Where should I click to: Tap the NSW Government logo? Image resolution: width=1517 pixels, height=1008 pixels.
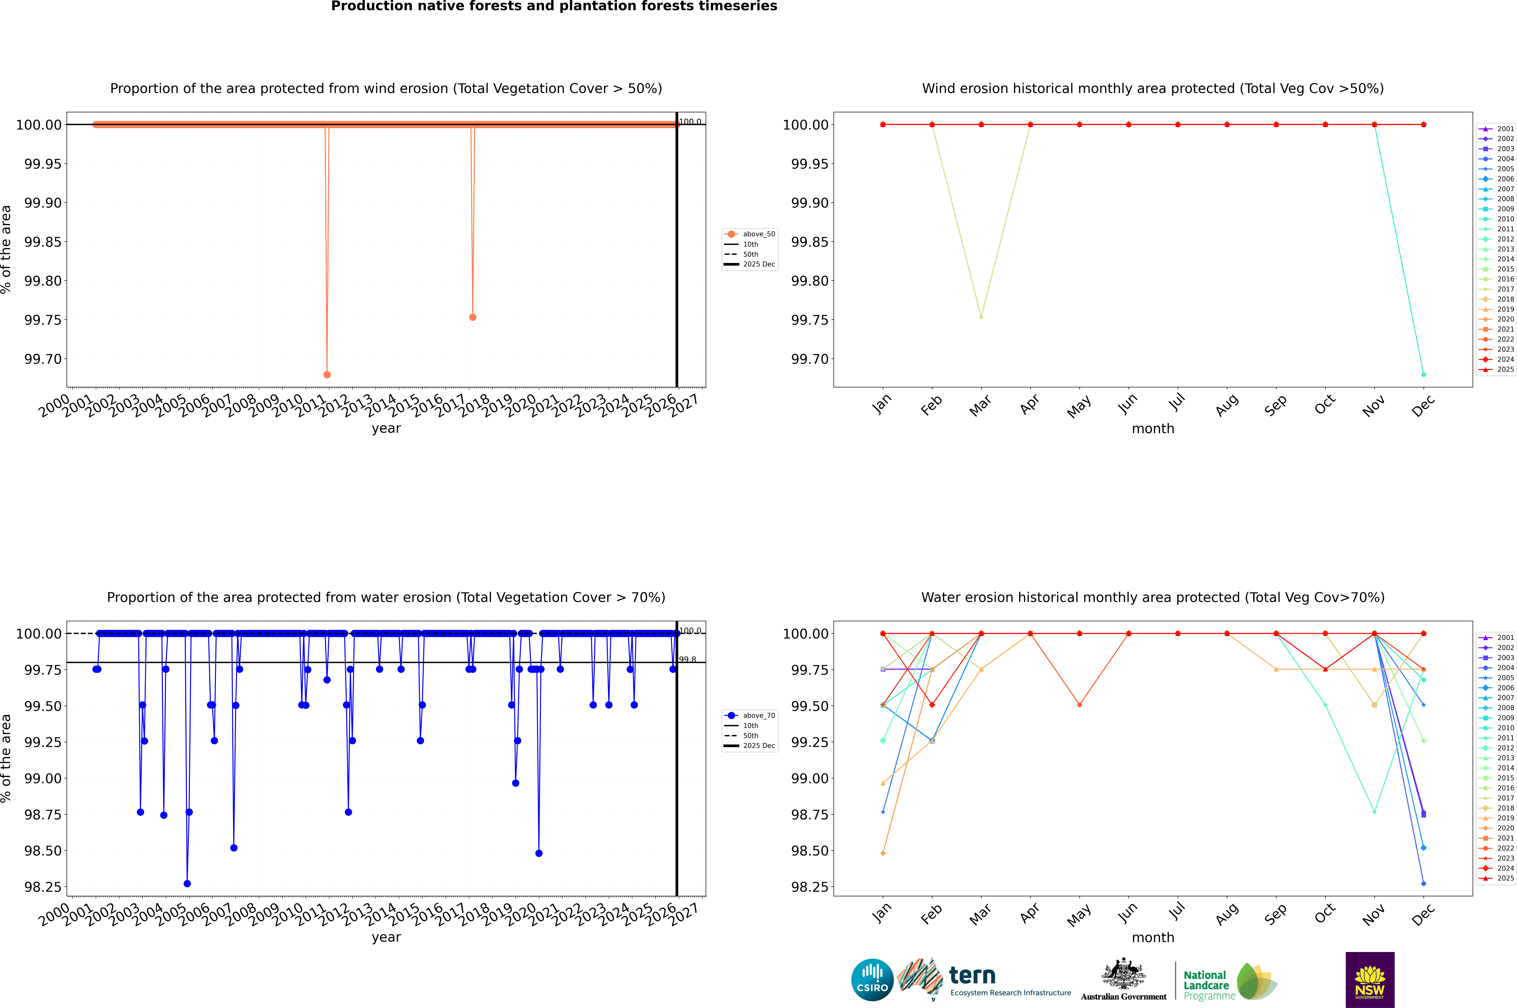(x=1370, y=980)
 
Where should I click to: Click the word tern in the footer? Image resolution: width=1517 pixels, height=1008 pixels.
(x=972, y=976)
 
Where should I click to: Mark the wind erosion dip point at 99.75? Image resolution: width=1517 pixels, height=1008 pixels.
(x=473, y=317)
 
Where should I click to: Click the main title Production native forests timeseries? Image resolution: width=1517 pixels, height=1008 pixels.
(x=554, y=6)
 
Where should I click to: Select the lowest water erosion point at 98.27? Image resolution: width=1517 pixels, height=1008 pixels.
(x=187, y=883)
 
